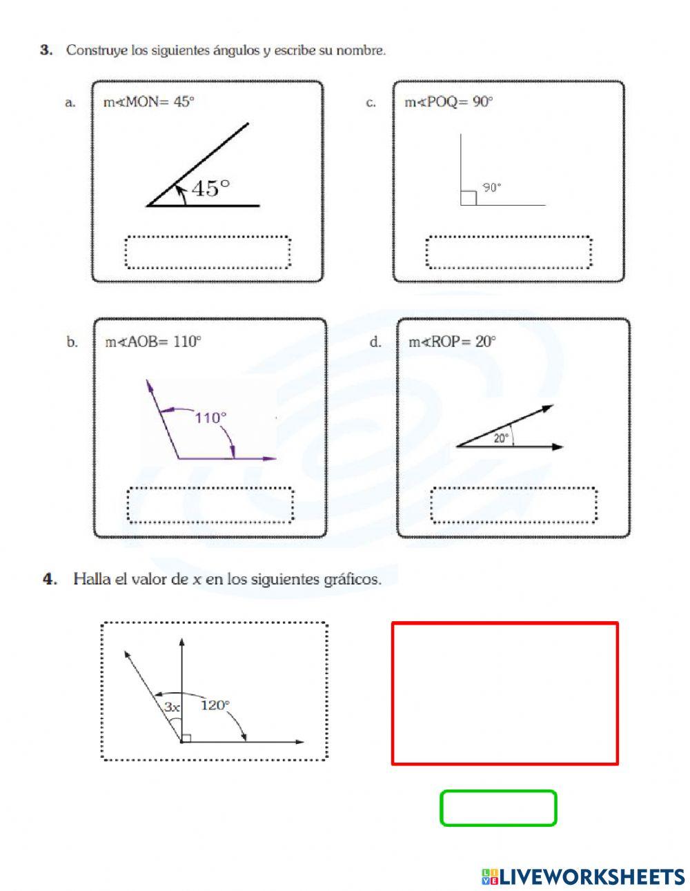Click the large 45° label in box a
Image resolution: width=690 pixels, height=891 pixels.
(x=210, y=188)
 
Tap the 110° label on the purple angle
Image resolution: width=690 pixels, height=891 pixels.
(x=210, y=418)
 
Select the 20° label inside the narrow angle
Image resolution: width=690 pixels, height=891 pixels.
(x=502, y=438)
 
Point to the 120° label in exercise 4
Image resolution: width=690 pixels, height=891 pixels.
(x=215, y=705)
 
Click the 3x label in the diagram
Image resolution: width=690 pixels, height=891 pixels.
(x=172, y=707)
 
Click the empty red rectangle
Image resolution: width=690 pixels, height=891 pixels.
(x=504, y=694)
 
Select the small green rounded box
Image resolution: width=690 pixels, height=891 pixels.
(x=498, y=808)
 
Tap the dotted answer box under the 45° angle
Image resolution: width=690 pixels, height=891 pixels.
(x=208, y=252)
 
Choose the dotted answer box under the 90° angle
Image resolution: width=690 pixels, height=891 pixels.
(x=509, y=252)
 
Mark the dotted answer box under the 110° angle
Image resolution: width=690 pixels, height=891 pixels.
(x=210, y=506)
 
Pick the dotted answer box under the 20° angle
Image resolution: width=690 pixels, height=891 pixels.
(x=513, y=506)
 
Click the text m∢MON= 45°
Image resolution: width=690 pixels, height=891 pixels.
(x=149, y=102)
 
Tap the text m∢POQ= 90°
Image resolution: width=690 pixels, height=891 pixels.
(x=448, y=102)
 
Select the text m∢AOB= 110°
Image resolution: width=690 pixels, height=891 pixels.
(x=152, y=342)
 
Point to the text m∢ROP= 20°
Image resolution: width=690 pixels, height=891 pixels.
(x=452, y=342)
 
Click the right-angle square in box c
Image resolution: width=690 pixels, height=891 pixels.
(x=468, y=198)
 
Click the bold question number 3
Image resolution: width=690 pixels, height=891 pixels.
(x=46, y=50)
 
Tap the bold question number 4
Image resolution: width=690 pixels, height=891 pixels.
(x=49, y=579)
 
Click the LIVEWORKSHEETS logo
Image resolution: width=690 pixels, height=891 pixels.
(x=583, y=877)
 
